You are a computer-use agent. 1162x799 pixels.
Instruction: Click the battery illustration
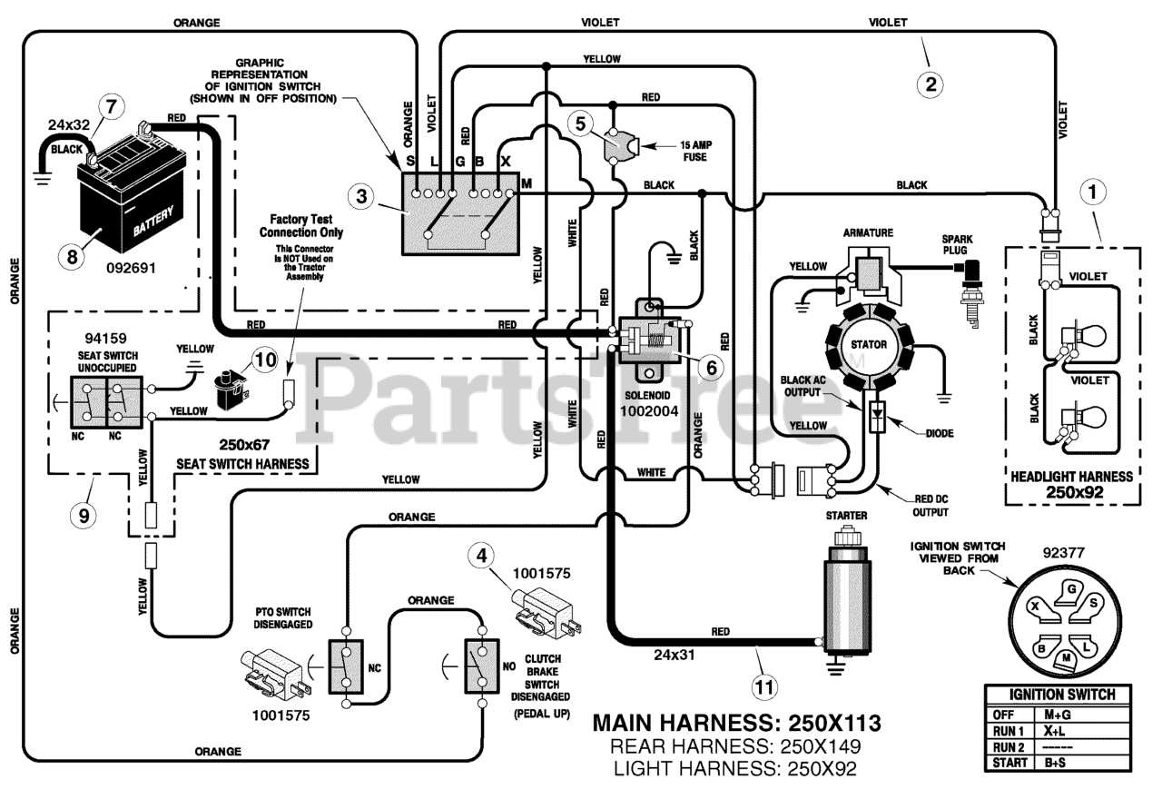click(x=133, y=192)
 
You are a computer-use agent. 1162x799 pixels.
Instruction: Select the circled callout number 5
click(x=580, y=123)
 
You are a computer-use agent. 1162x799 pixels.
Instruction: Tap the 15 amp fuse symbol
click(x=620, y=147)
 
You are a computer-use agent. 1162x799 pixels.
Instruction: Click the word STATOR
click(x=868, y=344)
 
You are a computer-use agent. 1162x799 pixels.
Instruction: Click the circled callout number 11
click(x=763, y=687)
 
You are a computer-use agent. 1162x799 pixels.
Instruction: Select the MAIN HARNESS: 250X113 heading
click(x=736, y=723)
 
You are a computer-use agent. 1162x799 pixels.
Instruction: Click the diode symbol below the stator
click(x=877, y=416)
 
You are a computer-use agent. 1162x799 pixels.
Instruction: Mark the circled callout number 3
click(x=361, y=196)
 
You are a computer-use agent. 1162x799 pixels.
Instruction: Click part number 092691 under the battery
click(x=132, y=268)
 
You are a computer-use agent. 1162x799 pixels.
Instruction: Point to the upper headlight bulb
click(x=1083, y=336)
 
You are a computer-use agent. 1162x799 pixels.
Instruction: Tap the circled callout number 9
click(x=84, y=515)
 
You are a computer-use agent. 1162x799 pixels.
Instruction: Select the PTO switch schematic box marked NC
click(x=346, y=666)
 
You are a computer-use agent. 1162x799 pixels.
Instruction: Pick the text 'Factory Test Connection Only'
click(x=301, y=226)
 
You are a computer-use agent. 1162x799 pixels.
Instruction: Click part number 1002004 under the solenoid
click(x=649, y=411)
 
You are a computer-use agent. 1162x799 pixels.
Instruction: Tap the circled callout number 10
click(x=265, y=360)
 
